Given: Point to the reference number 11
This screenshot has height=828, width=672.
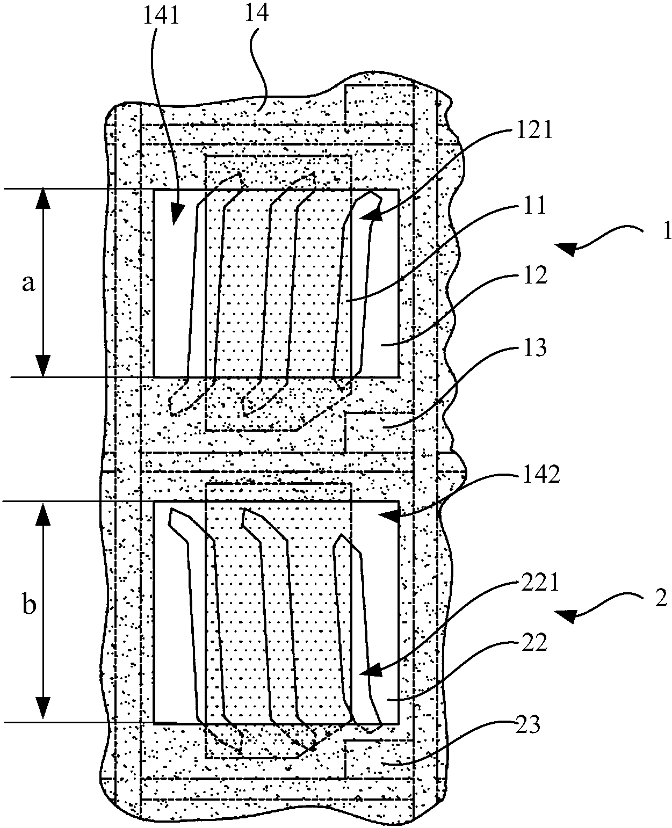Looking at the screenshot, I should [533, 206].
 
